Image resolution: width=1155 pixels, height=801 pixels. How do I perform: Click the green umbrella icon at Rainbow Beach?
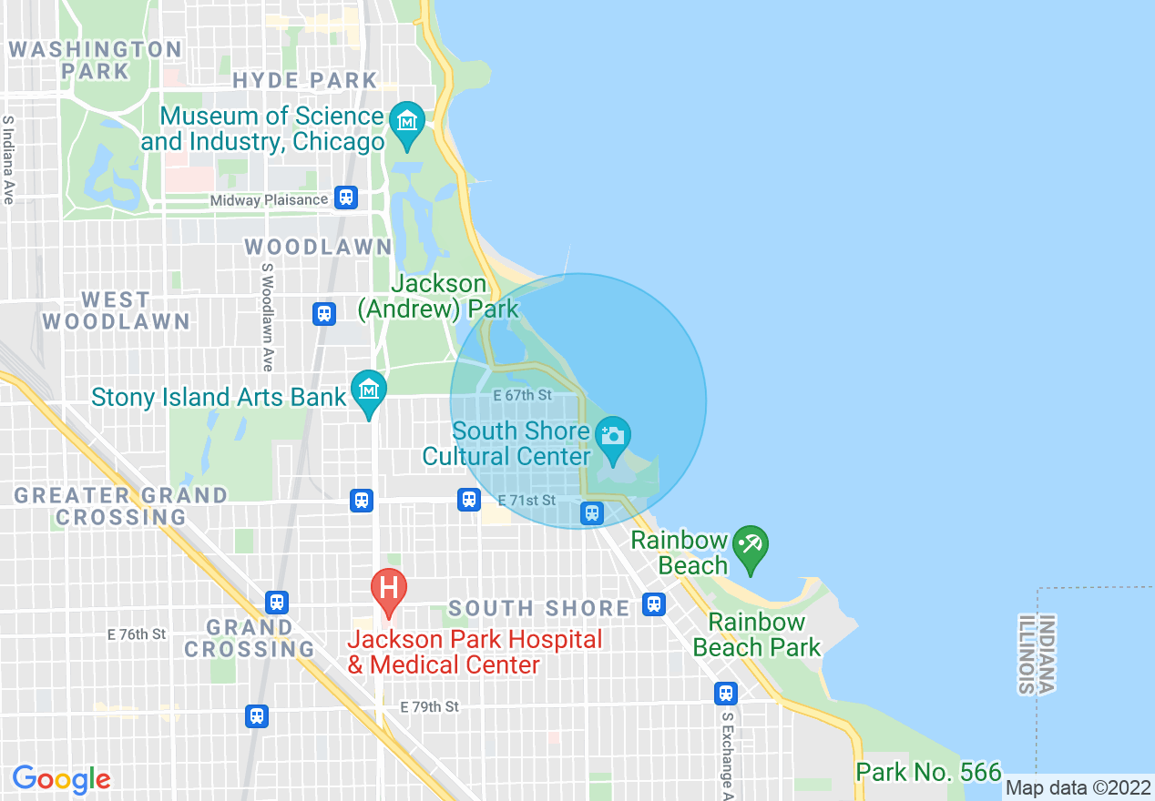(x=751, y=547)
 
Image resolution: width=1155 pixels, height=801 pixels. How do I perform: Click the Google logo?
(x=61, y=779)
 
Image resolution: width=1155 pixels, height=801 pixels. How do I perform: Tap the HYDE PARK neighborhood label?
(x=304, y=80)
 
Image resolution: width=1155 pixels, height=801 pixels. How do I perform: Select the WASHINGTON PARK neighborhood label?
(x=95, y=60)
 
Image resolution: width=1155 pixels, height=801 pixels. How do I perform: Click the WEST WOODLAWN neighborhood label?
(x=116, y=310)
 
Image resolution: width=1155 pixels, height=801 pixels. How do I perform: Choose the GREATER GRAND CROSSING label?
(x=120, y=506)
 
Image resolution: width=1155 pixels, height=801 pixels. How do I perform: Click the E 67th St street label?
(x=522, y=395)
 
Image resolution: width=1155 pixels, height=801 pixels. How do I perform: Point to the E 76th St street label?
(x=137, y=634)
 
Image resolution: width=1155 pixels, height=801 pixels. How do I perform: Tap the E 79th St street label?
(x=429, y=706)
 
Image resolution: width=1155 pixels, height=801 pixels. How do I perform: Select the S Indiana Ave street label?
(x=9, y=159)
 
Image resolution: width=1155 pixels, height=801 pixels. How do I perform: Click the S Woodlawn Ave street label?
(x=267, y=317)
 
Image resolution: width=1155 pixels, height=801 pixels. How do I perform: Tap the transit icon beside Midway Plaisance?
(x=345, y=198)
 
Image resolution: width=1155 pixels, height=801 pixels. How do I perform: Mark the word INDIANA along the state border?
(x=1048, y=655)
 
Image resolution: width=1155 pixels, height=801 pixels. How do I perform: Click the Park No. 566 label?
(x=928, y=772)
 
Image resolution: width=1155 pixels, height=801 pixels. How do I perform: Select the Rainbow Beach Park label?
(x=757, y=634)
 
